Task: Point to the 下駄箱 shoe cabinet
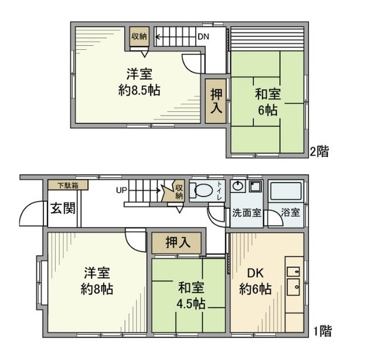click(x=68, y=185)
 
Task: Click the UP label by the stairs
click(x=121, y=190)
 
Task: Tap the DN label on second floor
click(x=203, y=36)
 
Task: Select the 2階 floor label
click(x=319, y=151)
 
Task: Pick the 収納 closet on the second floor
click(x=139, y=36)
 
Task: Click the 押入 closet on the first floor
click(x=176, y=242)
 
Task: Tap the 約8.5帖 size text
click(x=139, y=91)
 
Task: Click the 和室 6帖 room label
click(x=266, y=101)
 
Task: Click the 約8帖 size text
click(x=98, y=289)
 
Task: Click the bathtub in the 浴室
click(x=285, y=192)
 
